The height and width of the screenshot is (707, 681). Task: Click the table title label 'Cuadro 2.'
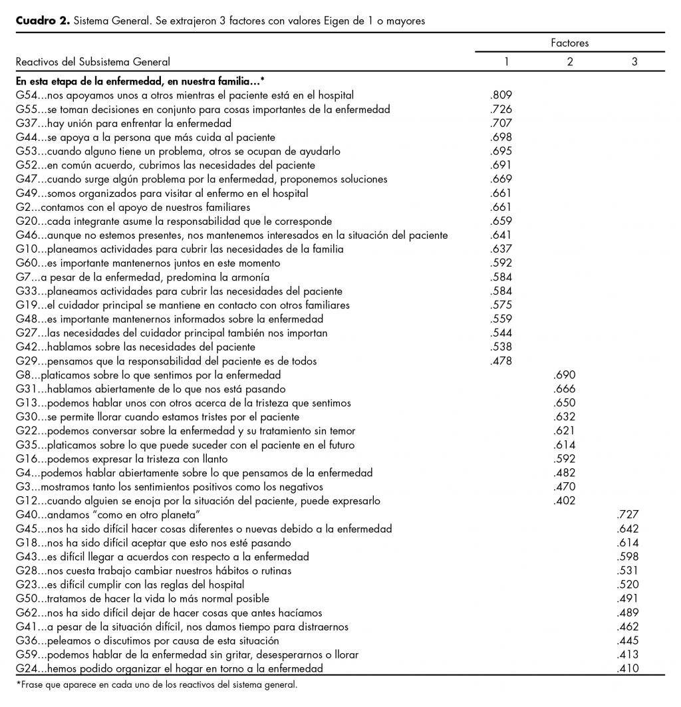(42, 21)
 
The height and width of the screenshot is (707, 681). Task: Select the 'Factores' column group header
(569, 43)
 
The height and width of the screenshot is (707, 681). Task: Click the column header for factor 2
(569, 62)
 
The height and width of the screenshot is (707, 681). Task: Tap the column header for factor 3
(634, 62)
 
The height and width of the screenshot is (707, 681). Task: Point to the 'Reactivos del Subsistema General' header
(93, 62)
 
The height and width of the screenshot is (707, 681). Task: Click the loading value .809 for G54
(500, 95)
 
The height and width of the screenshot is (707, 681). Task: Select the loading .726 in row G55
(500, 109)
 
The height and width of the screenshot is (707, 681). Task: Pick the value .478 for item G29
(500, 361)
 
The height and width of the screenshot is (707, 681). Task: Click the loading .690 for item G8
(564, 375)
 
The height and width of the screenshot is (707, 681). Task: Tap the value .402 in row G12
(564, 501)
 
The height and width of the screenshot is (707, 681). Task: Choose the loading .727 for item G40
(628, 515)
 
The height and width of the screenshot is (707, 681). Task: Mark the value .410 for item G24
(628, 668)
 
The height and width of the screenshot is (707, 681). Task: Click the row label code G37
(26, 123)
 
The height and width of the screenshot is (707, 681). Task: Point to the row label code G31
(26, 389)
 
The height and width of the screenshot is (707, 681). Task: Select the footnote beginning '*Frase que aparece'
(156, 684)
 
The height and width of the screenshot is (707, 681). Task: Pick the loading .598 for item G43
(628, 557)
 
